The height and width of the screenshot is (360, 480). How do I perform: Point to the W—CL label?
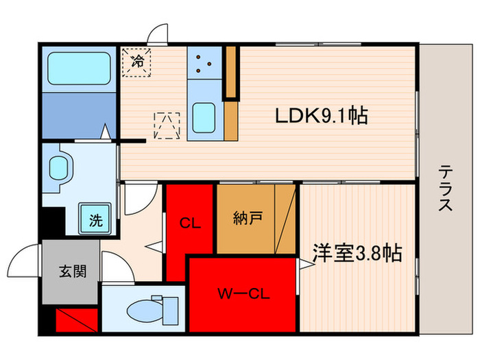pos(243,296)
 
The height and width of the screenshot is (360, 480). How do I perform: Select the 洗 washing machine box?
pos(95,220)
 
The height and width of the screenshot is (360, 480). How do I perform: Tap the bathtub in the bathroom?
pos(78,69)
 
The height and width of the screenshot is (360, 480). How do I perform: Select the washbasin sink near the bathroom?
pos(59,167)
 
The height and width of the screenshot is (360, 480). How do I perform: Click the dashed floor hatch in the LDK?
pos(167,125)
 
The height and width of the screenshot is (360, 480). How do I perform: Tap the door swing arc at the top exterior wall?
pos(160,34)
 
